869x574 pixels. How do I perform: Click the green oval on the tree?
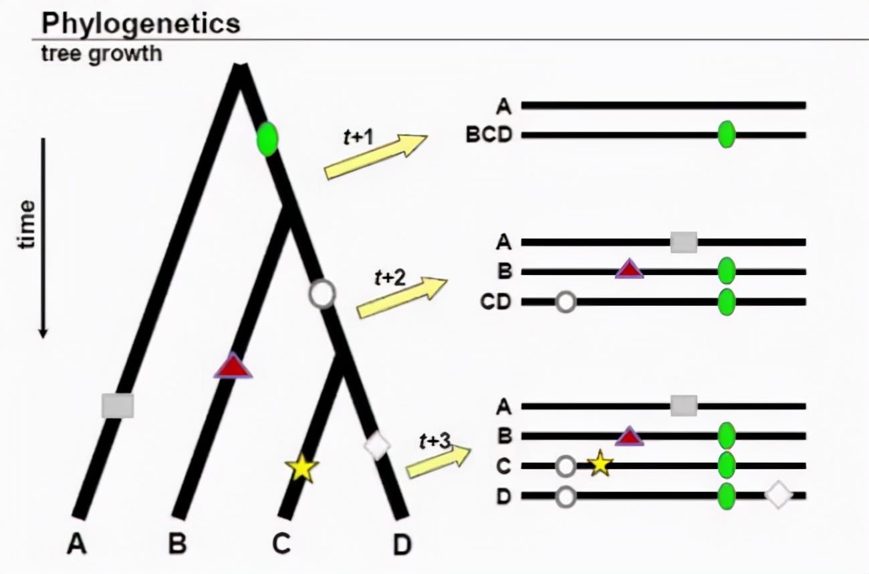pyautogui.click(x=267, y=140)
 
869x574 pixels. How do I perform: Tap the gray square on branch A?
pyautogui.click(x=118, y=406)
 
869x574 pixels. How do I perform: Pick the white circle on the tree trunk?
pyautogui.click(x=322, y=293)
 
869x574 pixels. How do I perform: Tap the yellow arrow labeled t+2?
pyautogui.click(x=402, y=298)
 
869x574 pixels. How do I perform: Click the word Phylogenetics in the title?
pyautogui.click(x=140, y=23)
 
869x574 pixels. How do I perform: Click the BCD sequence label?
pyautogui.click(x=489, y=135)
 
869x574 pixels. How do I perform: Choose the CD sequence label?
pyautogui.click(x=495, y=302)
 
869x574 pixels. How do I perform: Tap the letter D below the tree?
pyautogui.click(x=401, y=545)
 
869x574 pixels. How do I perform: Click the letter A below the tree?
pyautogui.click(x=77, y=545)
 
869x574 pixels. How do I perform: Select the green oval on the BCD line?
pyautogui.click(x=727, y=135)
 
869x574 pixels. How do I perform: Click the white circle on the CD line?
pyautogui.click(x=566, y=302)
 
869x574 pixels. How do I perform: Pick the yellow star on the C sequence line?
pyautogui.click(x=600, y=463)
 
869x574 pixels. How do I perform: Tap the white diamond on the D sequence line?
pyautogui.click(x=778, y=496)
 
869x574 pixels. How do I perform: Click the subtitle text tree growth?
pyautogui.click(x=101, y=53)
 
